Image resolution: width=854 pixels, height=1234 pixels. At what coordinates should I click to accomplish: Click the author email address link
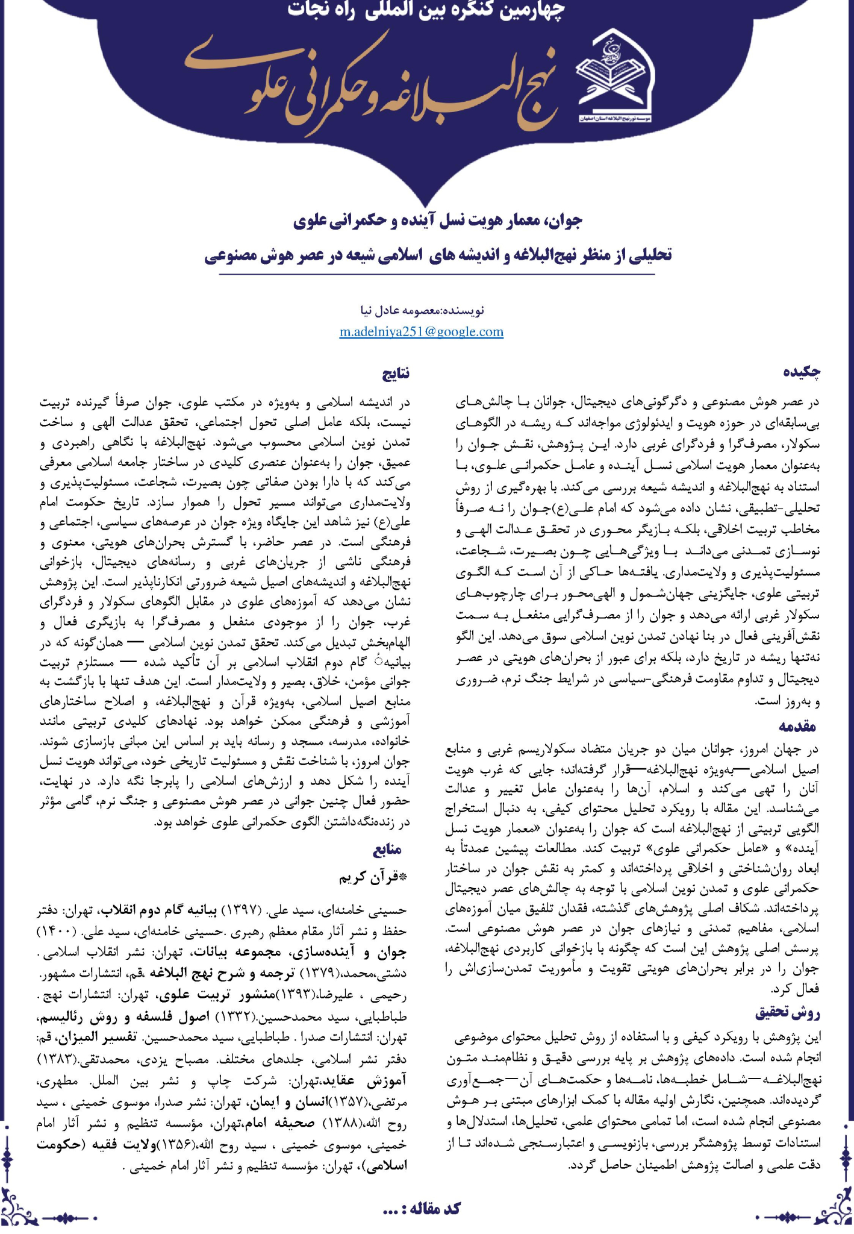tap(422, 331)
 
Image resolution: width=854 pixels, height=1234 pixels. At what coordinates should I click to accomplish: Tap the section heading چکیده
tap(802, 372)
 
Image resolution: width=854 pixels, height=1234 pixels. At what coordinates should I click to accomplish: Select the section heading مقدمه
tap(799, 726)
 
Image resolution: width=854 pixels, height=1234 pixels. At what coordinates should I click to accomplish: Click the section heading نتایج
tap(396, 374)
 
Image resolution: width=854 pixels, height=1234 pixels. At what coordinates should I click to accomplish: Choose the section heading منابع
tap(387, 850)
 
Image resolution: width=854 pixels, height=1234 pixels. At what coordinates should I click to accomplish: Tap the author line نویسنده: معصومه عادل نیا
tap(422, 311)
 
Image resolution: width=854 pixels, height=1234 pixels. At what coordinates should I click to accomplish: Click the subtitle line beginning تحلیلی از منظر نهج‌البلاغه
tap(438, 255)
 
